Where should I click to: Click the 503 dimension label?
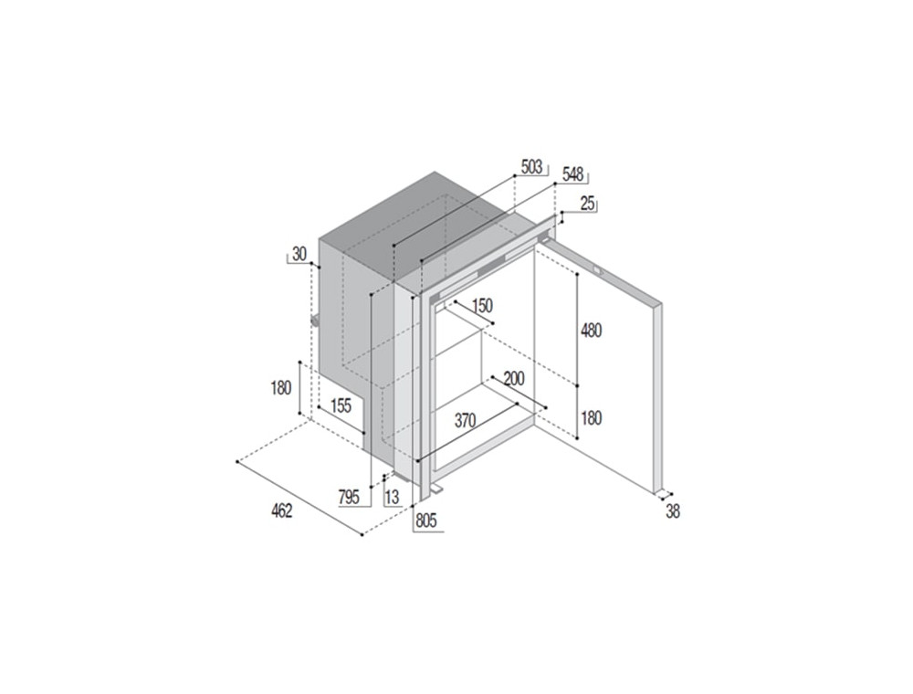[x=531, y=167]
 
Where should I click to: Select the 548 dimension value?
[x=573, y=174]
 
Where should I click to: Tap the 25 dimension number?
[x=587, y=204]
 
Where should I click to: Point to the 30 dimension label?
[x=299, y=255]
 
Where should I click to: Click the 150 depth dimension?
[x=482, y=305]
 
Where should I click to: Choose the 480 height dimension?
[x=591, y=331]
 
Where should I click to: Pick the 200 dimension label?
[x=513, y=379]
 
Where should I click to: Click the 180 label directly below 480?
[x=591, y=418]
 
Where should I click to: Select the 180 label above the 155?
[x=280, y=388]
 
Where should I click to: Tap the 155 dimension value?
[x=341, y=405]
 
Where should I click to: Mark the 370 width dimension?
[x=466, y=420]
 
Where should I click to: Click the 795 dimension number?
[x=349, y=498]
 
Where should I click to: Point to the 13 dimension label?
[x=393, y=498]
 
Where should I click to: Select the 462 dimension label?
[x=281, y=511]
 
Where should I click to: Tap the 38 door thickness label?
[x=673, y=511]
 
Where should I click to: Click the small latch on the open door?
[x=597, y=269]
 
